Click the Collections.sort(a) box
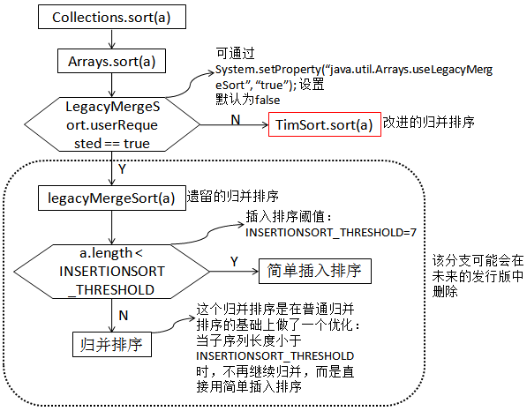pyautogui.click(x=111, y=18)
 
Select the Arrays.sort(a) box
pyautogui.click(x=111, y=62)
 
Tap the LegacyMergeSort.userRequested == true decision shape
pyautogui.click(x=112, y=124)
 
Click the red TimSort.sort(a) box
pyautogui.click(x=325, y=125)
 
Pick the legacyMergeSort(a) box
pyautogui.click(x=111, y=198)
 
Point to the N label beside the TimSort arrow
pyautogui.click(x=235, y=117)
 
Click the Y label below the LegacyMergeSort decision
pyautogui.click(x=121, y=167)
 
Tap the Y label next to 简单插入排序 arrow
pyautogui.click(x=234, y=261)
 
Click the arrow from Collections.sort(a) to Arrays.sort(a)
pyautogui.click(x=111, y=39)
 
